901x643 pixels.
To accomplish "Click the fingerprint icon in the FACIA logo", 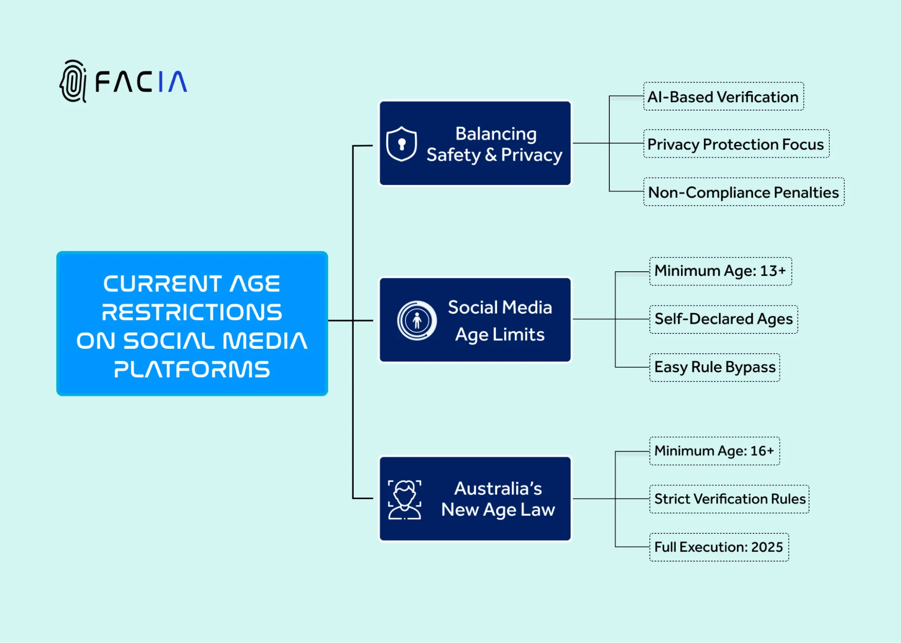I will [73, 82].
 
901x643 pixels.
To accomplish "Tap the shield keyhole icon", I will [402, 144].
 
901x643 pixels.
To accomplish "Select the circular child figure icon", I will [417, 320].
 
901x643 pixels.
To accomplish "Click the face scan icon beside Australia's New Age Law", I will [405, 500].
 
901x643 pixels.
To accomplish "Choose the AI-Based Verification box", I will [723, 97].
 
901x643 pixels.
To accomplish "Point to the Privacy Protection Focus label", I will [736, 144].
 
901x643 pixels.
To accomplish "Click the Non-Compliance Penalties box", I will [743, 192].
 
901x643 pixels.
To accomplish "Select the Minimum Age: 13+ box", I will [720, 271].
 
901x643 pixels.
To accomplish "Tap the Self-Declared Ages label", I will [723, 319].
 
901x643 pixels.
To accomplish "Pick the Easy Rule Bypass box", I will [714, 367].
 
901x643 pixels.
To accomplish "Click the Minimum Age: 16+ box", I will [714, 451].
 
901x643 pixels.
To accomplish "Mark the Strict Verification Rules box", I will [729, 499].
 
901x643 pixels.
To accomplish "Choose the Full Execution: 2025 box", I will [718, 547].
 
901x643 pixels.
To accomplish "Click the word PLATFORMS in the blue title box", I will [192, 369].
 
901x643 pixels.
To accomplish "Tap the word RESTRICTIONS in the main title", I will [192, 312].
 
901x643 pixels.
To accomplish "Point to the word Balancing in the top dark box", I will [496, 134].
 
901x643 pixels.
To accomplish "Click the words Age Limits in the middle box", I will [499, 335].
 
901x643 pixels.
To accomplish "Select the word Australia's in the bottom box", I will [498, 488].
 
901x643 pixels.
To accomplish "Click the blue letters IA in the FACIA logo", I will [173, 82].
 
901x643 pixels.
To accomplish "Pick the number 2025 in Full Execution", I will [767, 547].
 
